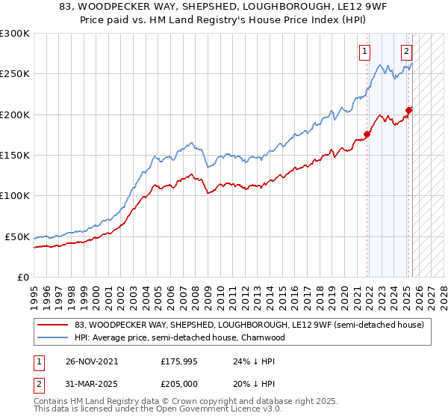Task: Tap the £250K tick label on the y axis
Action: pyautogui.click(x=15, y=74)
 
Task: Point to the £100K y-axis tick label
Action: pyautogui.click(x=15, y=196)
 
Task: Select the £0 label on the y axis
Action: pyautogui.click(x=23, y=277)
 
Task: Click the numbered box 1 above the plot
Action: pyautogui.click(x=364, y=52)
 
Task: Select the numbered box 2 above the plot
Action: pyautogui.click(x=406, y=52)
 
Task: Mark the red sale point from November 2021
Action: pyautogui.click(x=367, y=135)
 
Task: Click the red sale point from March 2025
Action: pyautogui.click(x=408, y=111)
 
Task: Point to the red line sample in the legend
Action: pyautogui.click(x=54, y=325)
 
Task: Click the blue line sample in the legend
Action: pyautogui.click(x=54, y=337)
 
